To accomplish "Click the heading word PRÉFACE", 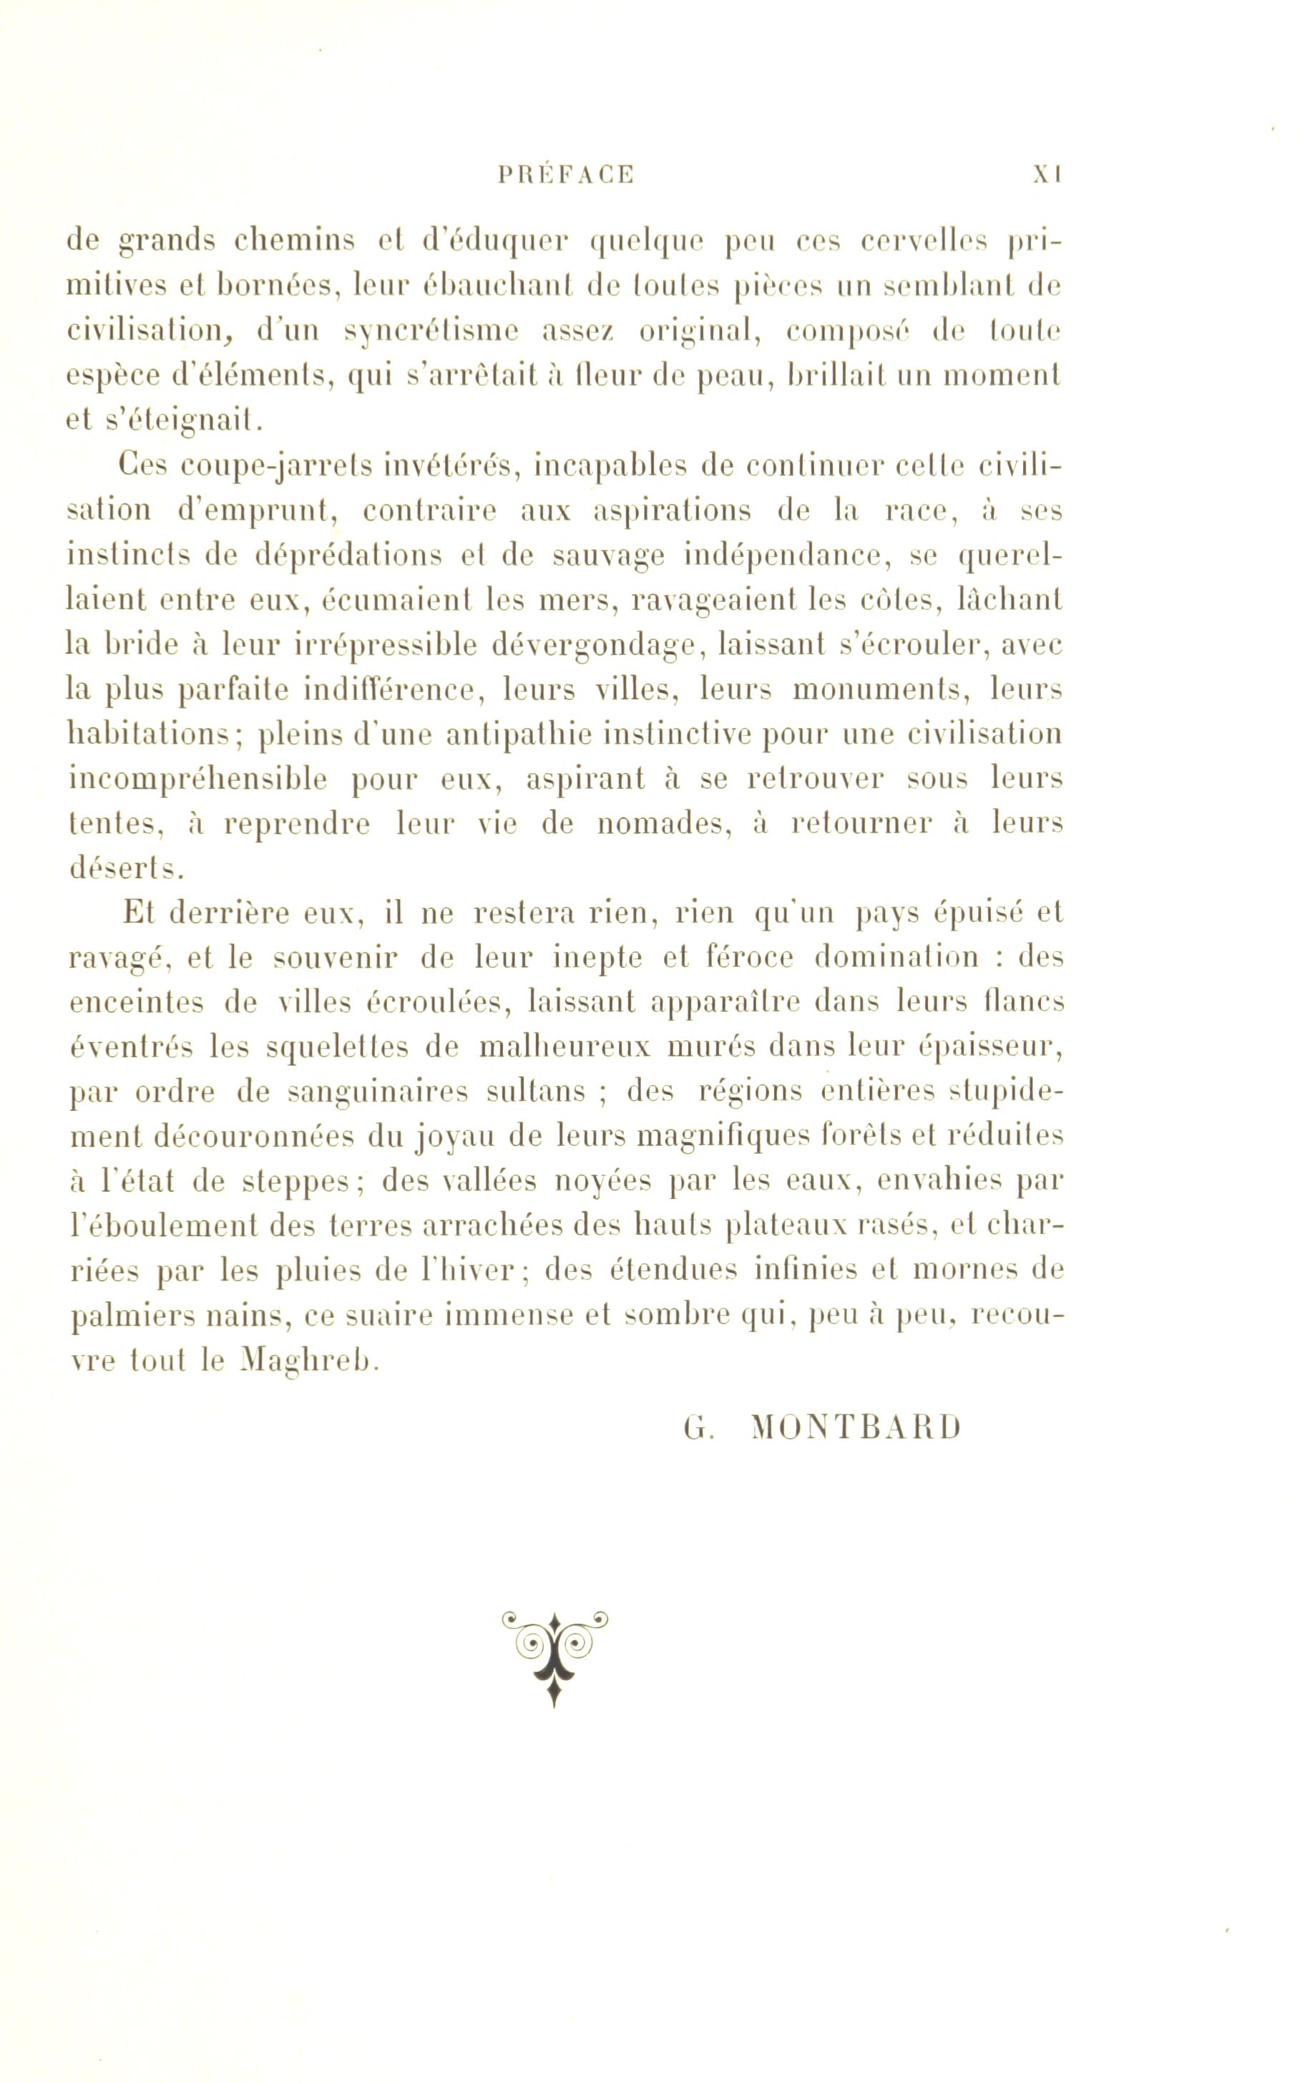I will click(x=566, y=175).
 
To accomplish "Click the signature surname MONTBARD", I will click(x=855, y=1429).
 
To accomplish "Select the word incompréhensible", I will click(x=197, y=779).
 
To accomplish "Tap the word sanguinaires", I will click(x=378, y=1093).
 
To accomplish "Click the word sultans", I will click(x=535, y=1092).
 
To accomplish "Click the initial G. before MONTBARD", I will click(x=695, y=1429).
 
